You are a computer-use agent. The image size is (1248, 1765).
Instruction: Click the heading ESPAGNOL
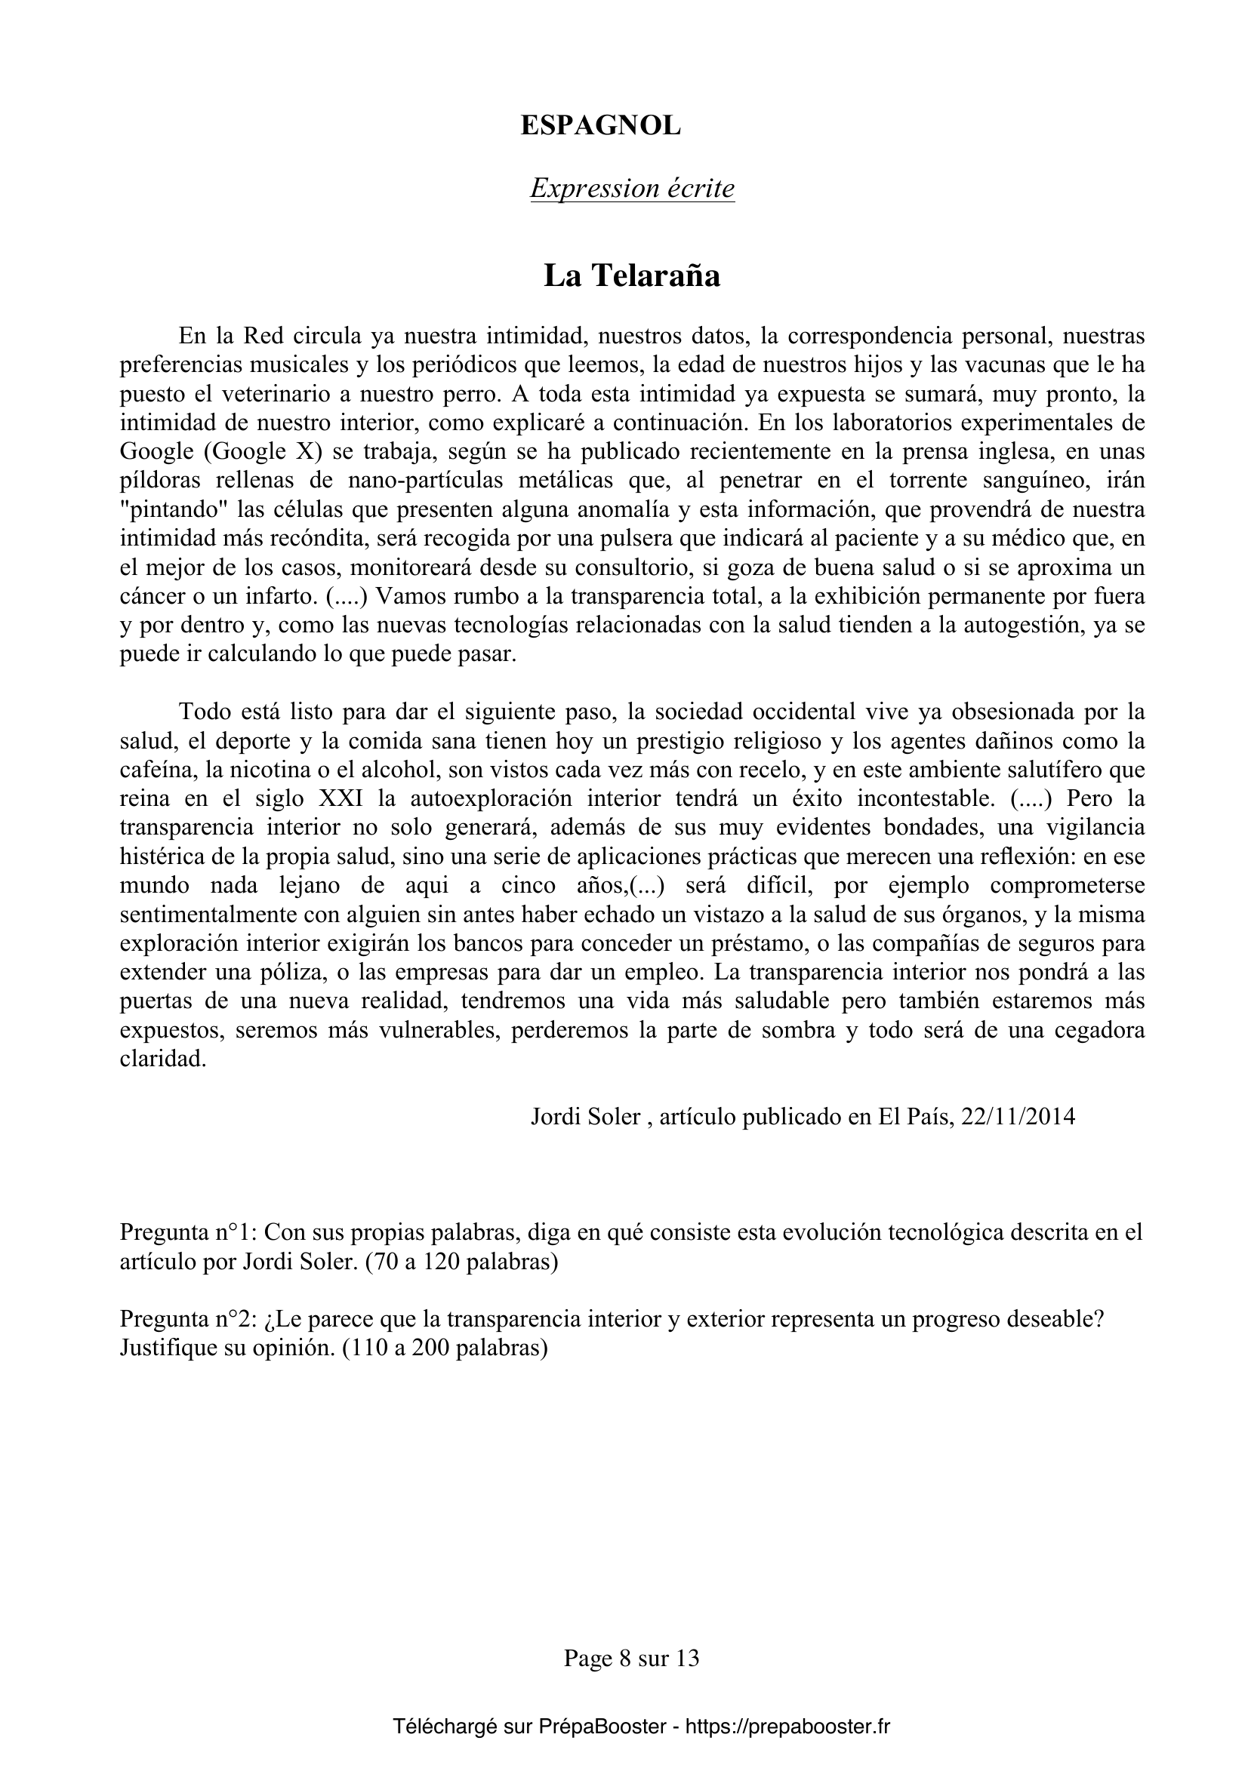[600, 126]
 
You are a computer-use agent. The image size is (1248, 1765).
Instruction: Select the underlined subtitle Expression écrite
[632, 189]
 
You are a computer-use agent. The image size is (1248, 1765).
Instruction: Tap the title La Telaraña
[631, 276]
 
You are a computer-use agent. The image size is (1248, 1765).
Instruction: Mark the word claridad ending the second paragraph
[163, 1059]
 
